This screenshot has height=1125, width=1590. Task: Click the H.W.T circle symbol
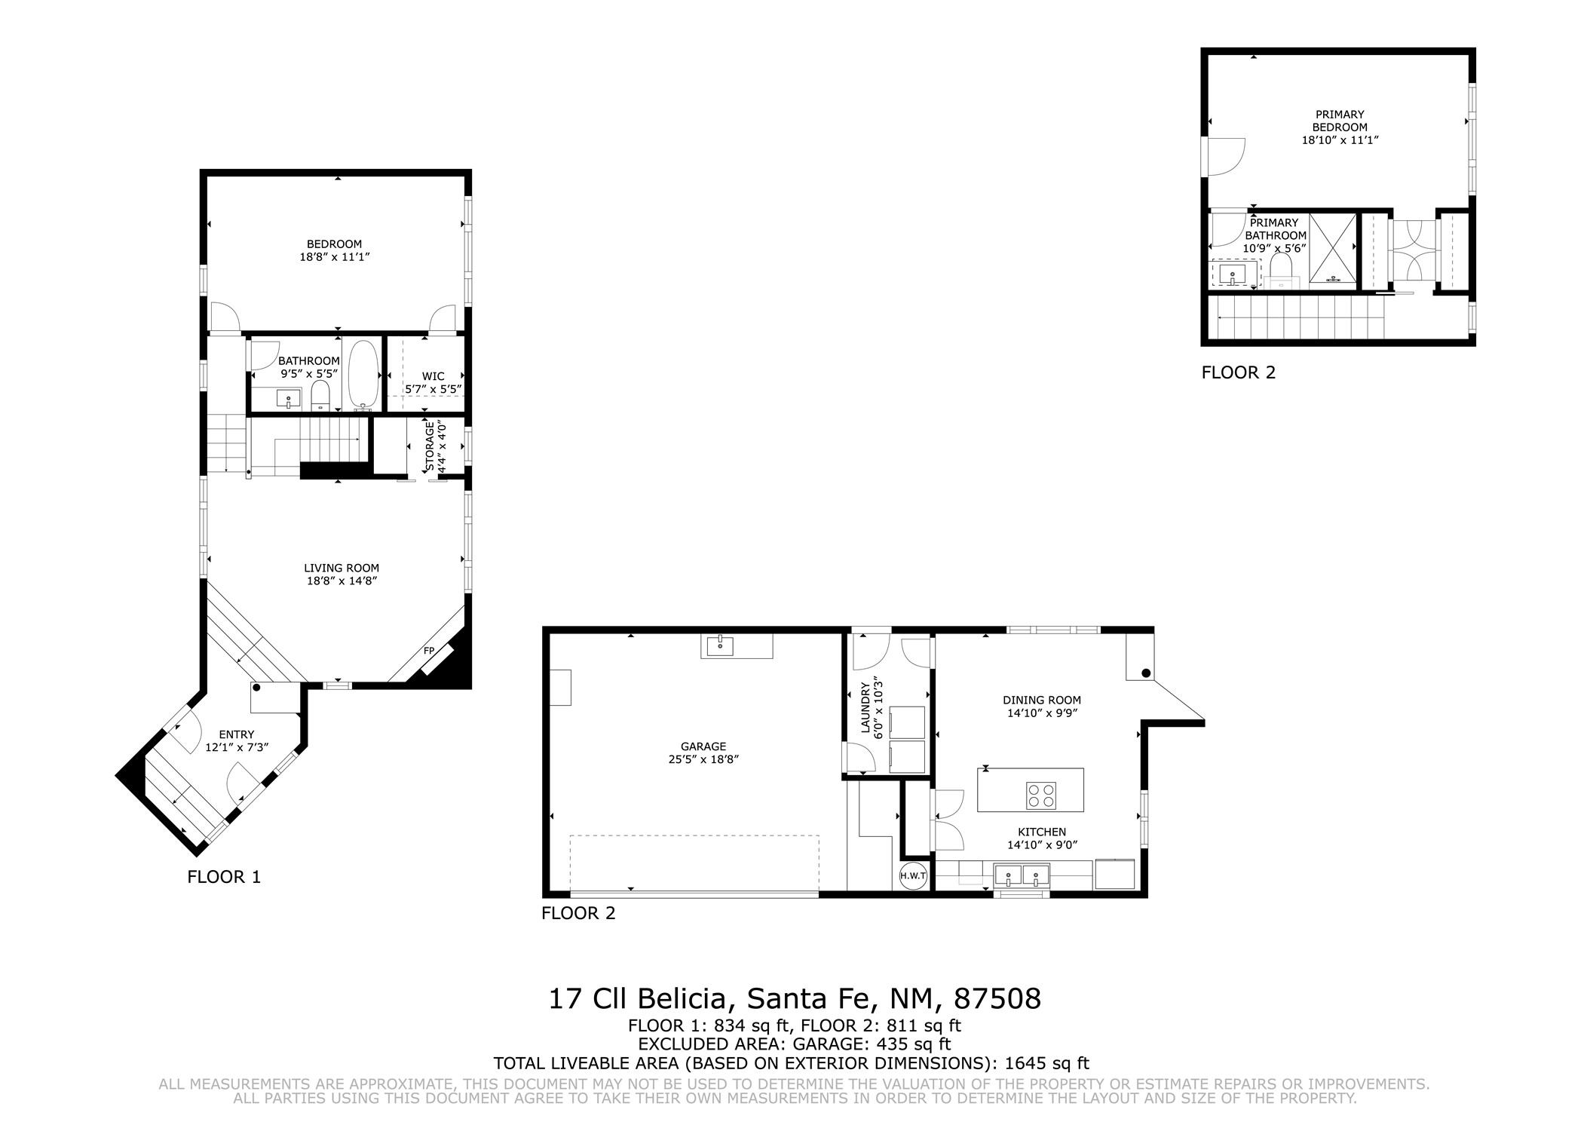[913, 876]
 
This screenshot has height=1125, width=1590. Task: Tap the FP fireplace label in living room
[429, 651]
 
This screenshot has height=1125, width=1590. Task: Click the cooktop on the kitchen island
[1040, 796]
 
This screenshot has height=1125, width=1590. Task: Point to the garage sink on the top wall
[721, 646]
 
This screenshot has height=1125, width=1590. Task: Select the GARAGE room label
[703, 746]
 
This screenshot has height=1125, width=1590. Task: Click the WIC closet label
[433, 376]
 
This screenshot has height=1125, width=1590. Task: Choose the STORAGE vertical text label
[430, 447]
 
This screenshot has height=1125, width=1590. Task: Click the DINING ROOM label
[1042, 700]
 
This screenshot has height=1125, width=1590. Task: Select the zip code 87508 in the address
[997, 999]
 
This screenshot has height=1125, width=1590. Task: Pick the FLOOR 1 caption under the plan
[224, 877]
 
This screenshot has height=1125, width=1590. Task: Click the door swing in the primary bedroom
[1227, 157]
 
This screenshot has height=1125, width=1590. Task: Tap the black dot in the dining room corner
[1146, 673]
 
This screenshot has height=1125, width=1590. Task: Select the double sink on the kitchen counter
[1022, 875]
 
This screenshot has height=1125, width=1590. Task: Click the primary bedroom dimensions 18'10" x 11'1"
[1340, 140]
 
